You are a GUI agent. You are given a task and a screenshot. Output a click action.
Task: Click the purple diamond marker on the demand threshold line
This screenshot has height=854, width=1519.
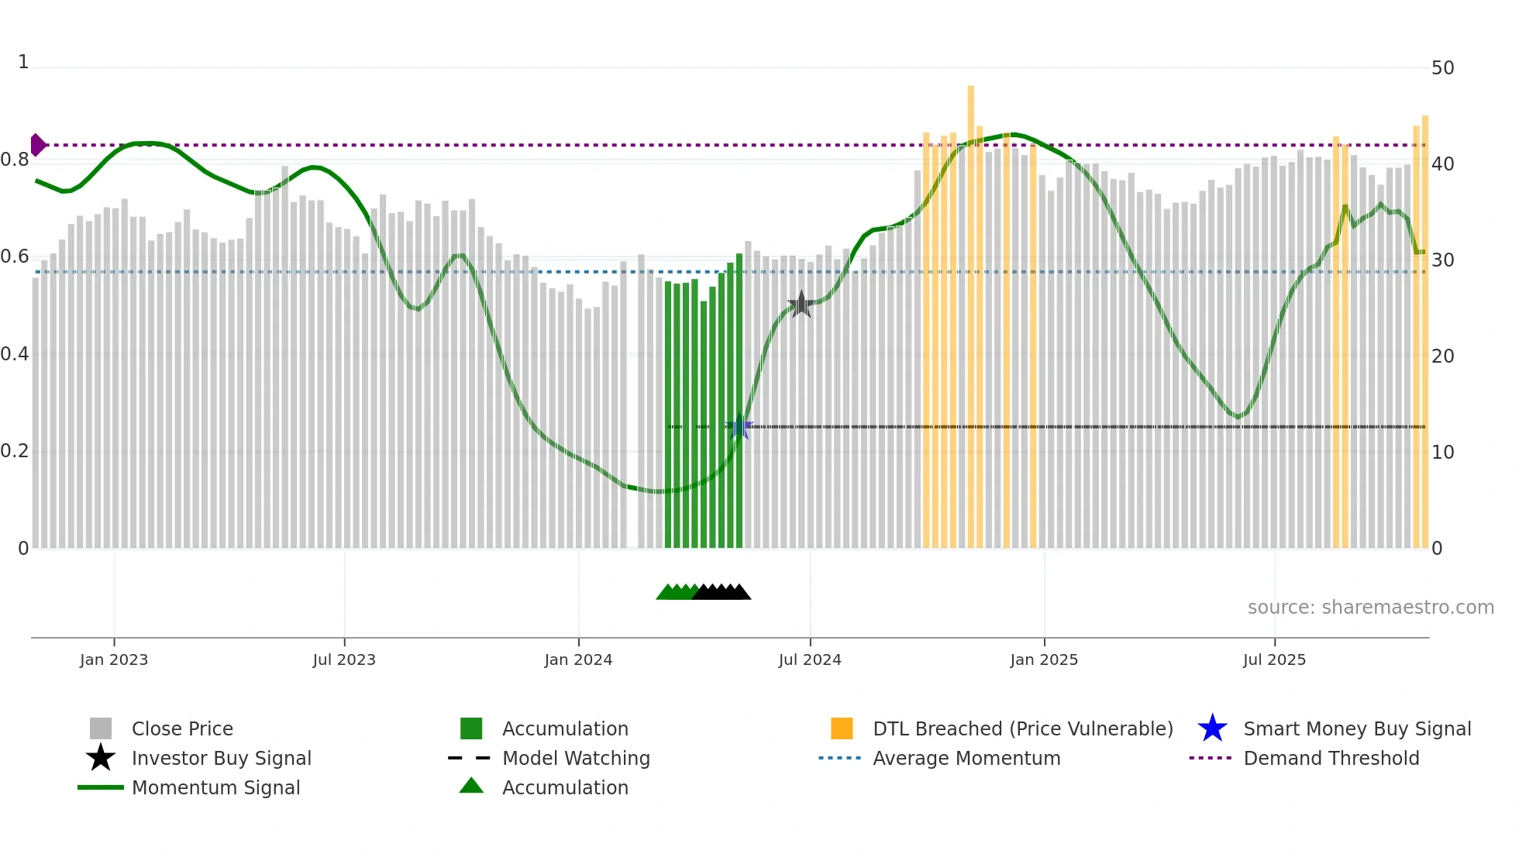pyautogui.click(x=37, y=145)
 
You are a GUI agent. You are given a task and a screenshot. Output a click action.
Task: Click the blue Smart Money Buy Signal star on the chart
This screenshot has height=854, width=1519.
pyautogui.click(x=740, y=426)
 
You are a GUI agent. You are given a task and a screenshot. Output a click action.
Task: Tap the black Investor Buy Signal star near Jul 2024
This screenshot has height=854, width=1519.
pyautogui.click(x=801, y=305)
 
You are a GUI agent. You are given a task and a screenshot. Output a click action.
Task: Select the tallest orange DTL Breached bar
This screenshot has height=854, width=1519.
pyautogui.click(x=970, y=310)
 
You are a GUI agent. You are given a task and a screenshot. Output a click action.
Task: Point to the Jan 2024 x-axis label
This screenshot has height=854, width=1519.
pyautogui.click(x=578, y=659)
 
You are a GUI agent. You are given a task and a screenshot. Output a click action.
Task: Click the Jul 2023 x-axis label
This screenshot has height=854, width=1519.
pyautogui.click(x=344, y=659)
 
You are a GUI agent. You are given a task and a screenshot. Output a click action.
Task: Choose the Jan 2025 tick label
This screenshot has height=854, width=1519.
pyautogui.click(x=1044, y=659)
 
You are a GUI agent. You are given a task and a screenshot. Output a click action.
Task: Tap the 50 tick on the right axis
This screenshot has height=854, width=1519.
pyautogui.click(x=1442, y=68)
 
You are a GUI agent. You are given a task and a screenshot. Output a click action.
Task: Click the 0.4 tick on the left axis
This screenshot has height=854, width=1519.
pyautogui.click(x=15, y=354)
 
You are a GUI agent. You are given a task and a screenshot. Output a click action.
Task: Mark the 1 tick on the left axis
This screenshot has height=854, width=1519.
pyautogui.click(x=23, y=62)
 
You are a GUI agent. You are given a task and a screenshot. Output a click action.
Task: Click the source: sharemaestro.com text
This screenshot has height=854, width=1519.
pyautogui.click(x=1370, y=608)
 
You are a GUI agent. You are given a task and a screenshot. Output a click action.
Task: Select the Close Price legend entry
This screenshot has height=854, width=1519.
pyautogui.click(x=182, y=728)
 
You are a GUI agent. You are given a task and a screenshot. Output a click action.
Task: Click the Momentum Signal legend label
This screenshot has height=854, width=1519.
pyautogui.click(x=215, y=787)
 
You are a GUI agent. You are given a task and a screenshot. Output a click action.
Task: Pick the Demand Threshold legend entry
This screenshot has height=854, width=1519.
pyautogui.click(x=1331, y=758)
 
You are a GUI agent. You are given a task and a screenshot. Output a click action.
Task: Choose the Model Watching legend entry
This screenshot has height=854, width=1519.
pyautogui.click(x=576, y=758)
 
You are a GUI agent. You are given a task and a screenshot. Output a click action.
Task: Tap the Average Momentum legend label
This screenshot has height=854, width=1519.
pyautogui.click(x=966, y=758)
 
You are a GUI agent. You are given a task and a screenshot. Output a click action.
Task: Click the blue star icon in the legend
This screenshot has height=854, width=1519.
pyautogui.click(x=1212, y=728)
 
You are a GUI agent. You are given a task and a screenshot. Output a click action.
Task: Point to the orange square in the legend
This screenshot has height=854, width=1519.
pyautogui.click(x=842, y=728)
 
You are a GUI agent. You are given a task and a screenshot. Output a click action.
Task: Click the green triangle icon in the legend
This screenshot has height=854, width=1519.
pyautogui.click(x=471, y=786)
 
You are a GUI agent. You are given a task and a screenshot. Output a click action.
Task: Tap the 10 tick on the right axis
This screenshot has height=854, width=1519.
pyautogui.click(x=1442, y=452)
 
